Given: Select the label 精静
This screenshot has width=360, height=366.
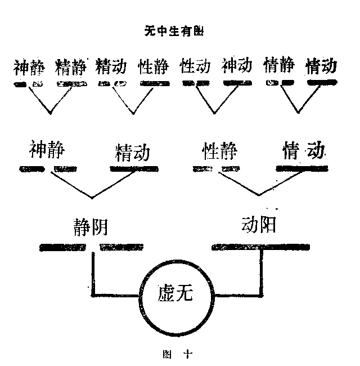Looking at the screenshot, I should pos(71,67).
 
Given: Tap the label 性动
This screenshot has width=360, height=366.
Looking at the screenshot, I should pos(196,67).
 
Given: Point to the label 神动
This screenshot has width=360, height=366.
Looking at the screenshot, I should pos(237,67).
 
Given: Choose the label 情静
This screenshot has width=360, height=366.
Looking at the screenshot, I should pos(279,67).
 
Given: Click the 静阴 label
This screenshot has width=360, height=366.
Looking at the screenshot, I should pos(90,226).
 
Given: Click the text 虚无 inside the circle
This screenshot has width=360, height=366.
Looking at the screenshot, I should pos(175,294).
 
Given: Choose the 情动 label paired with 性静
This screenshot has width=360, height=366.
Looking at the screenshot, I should pos(304,151).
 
